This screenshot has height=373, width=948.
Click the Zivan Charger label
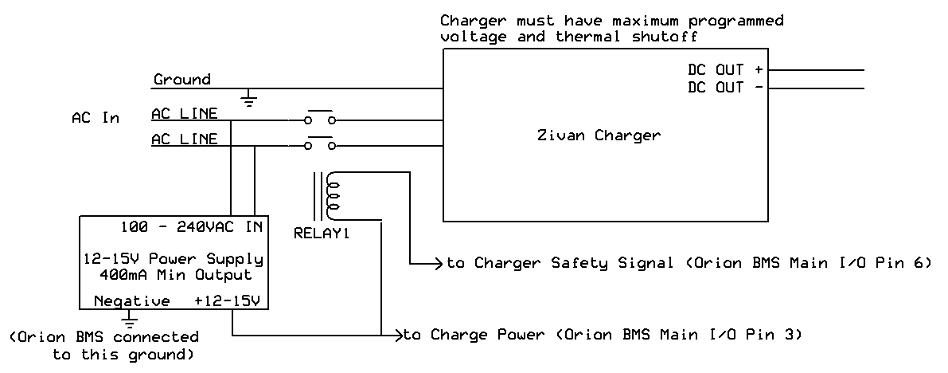(x=599, y=135)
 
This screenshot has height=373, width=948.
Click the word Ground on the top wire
(x=182, y=80)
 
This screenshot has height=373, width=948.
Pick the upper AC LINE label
(x=184, y=113)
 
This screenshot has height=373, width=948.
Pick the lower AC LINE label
(x=184, y=139)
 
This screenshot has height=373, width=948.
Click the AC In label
(x=96, y=118)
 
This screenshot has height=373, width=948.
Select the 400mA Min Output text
(x=174, y=276)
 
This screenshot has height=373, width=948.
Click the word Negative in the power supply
(x=131, y=301)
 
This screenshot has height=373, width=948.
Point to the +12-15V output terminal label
(x=228, y=301)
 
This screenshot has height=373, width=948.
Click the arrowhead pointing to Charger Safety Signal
(x=438, y=262)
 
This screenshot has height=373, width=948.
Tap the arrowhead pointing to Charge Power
(x=398, y=336)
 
